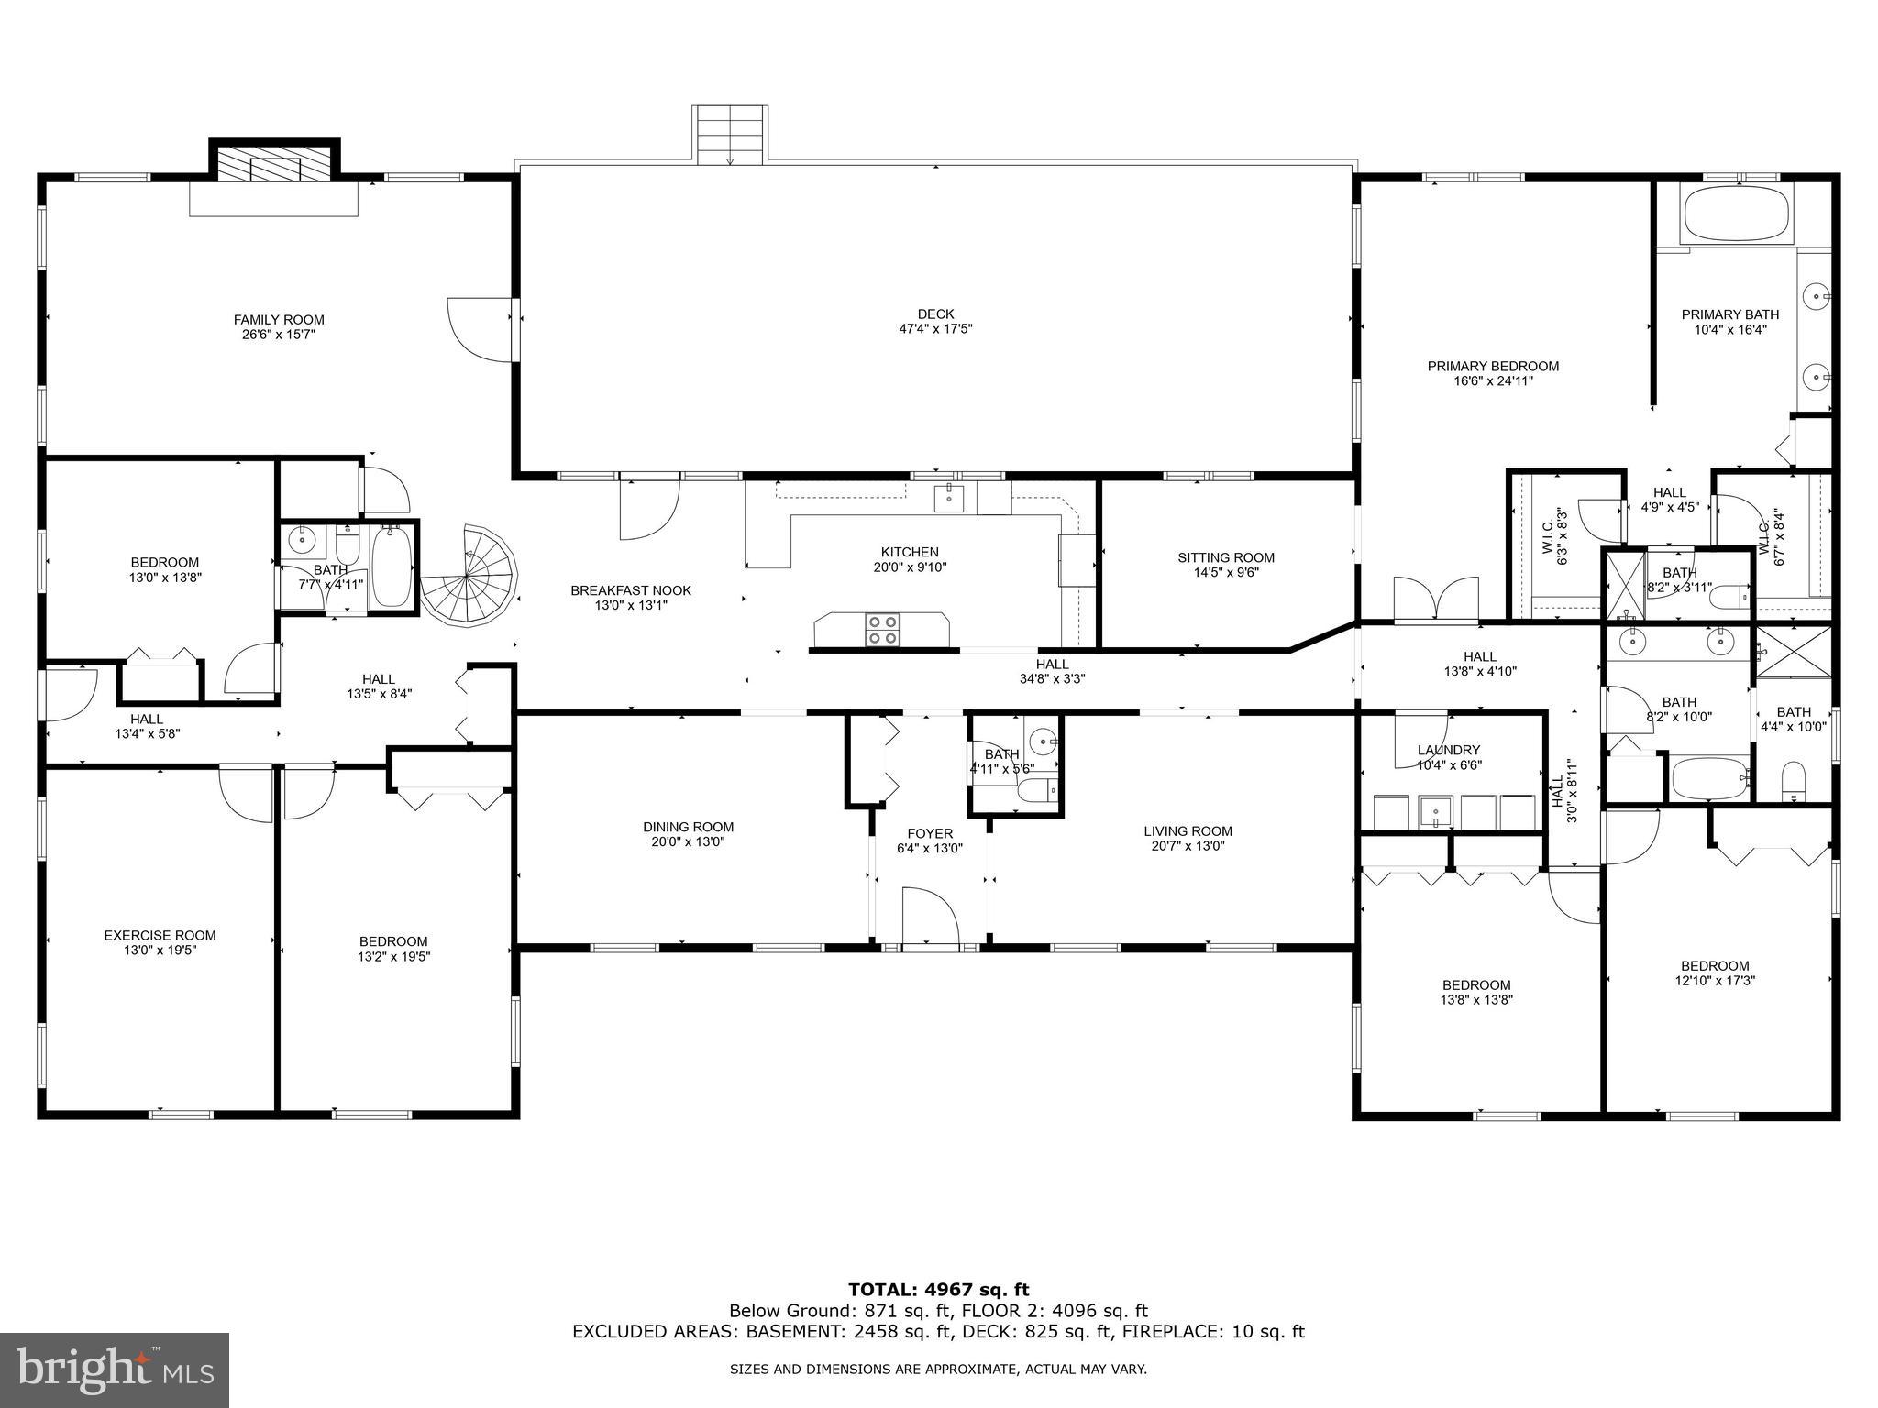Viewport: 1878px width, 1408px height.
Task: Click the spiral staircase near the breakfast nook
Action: (x=469, y=576)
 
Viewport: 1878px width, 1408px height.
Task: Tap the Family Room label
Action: (x=279, y=320)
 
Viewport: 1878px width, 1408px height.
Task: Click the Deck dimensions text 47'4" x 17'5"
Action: (x=935, y=328)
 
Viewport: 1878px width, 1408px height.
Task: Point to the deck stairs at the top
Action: (x=730, y=134)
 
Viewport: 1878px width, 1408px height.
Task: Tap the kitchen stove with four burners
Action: (x=882, y=630)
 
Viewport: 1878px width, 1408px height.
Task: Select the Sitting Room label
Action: (x=1226, y=557)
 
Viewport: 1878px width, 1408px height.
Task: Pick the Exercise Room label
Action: (x=160, y=935)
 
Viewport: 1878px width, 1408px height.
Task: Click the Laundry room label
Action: (x=1449, y=750)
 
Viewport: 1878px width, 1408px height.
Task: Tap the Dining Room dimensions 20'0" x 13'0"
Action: (x=688, y=841)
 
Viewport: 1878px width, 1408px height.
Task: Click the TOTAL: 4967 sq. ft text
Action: (x=938, y=1291)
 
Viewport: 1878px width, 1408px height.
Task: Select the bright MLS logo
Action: (x=115, y=1370)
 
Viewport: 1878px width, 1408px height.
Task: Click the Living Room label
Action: (x=1188, y=831)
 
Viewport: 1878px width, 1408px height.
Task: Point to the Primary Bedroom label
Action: (x=1493, y=366)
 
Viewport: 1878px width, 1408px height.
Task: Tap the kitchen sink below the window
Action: (x=948, y=499)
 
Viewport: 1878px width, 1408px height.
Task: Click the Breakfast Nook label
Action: (x=631, y=590)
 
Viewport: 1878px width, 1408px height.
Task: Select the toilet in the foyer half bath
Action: (x=1039, y=789)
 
